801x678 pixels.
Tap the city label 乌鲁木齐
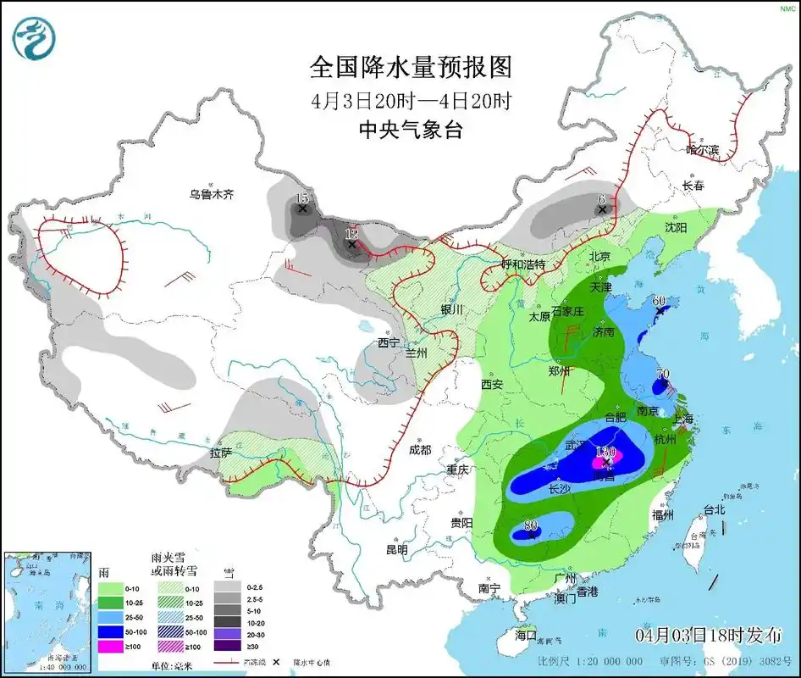211,194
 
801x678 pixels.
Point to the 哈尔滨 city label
702,150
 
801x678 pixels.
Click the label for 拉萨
221,453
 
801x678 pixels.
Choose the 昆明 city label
396,549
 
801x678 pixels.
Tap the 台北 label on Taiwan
715,510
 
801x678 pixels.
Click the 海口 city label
526,634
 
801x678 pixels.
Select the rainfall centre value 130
605,452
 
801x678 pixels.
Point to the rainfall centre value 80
531,525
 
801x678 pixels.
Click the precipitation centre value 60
659,301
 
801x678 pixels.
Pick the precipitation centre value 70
663,373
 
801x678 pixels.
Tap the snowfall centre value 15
301,198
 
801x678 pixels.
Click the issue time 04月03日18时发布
708,635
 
